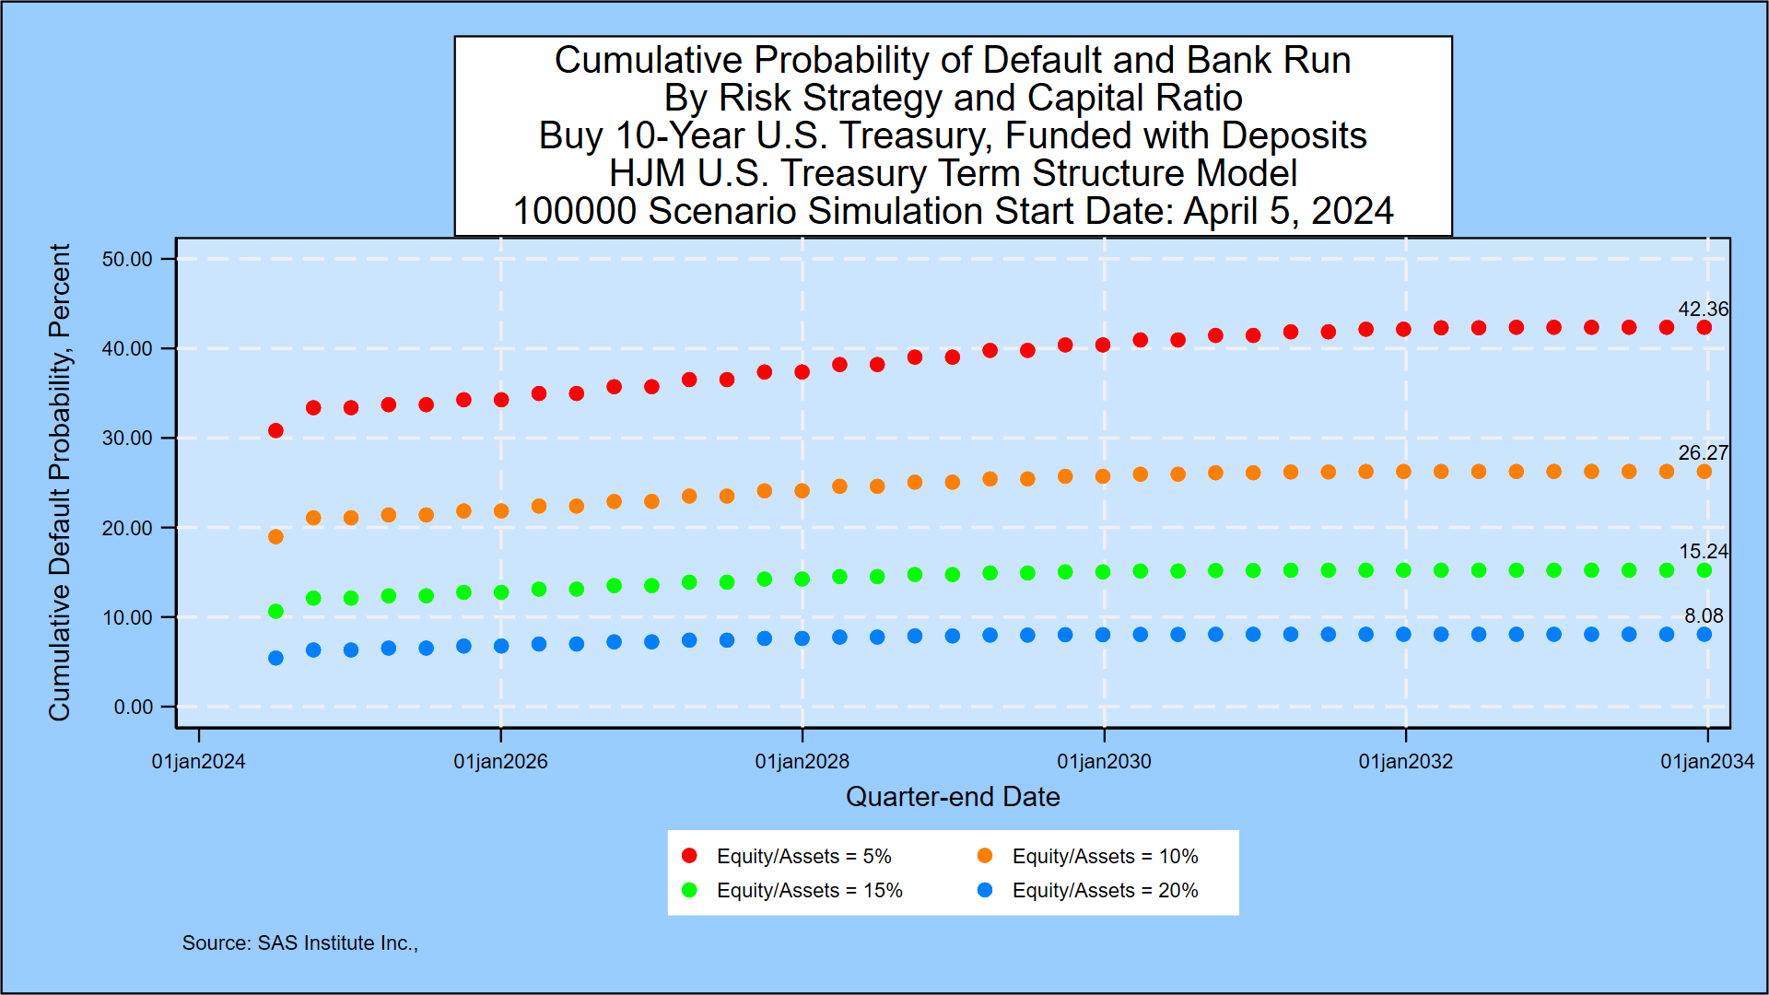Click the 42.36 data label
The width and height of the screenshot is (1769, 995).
[1703, 310]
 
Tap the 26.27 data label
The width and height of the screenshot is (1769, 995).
[1703, 453]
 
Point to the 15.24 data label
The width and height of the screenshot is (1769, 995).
[1703, 552]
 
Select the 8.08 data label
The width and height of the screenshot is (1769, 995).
[1703, 616]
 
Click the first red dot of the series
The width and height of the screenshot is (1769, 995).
[275, 430]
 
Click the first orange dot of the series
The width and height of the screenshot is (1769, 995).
[275, 536]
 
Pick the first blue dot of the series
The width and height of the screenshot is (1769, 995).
[275, 658]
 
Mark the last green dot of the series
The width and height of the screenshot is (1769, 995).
[1704, 570]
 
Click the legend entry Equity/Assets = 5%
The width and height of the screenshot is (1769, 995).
[803, 856]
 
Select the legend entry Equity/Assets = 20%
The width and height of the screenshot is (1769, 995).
[1105, 890]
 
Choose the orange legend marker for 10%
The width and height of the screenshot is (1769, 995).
[985, 856]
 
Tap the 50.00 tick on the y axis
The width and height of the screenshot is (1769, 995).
[127, 259]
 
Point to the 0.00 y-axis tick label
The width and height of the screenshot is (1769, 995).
[134, 707]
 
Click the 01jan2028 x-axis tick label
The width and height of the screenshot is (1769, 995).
[802, 762]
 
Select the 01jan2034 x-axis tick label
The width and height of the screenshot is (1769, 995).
[1706, 762]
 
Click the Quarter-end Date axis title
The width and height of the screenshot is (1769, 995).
[953, 797]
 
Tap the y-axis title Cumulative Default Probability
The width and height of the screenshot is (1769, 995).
[60, 482]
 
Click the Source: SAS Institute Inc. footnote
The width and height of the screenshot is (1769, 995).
[299, 942]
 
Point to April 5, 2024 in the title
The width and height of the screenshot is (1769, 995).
[1288, 211]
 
